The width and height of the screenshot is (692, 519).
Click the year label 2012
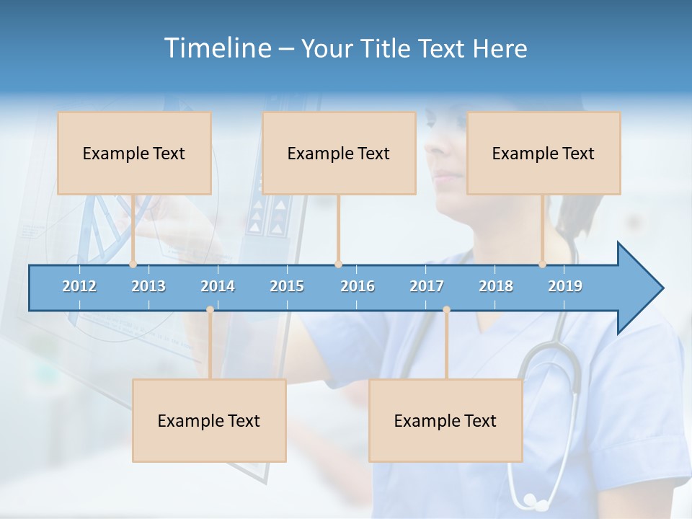click(x=79, y=286)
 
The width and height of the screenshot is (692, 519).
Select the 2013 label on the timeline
click(x=148, y=286)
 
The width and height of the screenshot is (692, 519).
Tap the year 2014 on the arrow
click(x=218, y=286)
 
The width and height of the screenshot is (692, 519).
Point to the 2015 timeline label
click(x=287, y=286)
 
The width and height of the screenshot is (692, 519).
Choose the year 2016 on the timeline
click(x=358, y=286)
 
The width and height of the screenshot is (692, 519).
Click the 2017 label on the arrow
click(x=427, y=286)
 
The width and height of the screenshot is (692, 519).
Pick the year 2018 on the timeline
click(x=496, y=286)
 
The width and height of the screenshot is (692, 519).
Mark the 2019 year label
click(x=565, y=286)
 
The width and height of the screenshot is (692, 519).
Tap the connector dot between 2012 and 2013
click(x=133, y=264)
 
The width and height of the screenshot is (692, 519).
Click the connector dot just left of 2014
click(x=210, y=309)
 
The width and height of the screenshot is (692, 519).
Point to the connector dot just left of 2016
click(x=338, y=264)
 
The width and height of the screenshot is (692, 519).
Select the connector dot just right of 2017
click(x=446, y=309)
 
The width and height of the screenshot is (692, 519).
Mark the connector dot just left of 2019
click(x=543, y=264)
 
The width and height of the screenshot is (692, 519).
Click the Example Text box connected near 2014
click(x=209, y=420)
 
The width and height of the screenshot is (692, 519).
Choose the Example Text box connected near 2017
click(x=445, y=420)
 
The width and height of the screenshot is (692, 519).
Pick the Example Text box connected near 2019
click(x=544, y=153)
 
